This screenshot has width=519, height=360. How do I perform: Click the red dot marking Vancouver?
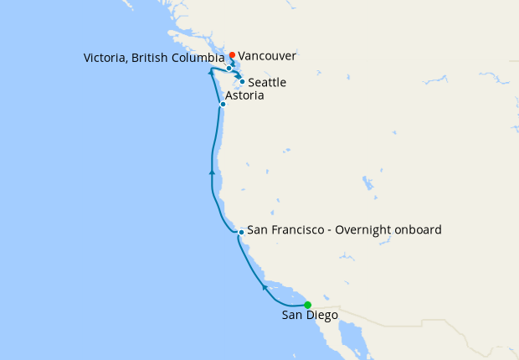(232, 55)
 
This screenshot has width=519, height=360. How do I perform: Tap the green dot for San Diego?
(307, 305)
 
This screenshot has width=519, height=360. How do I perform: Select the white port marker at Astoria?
(223, 105)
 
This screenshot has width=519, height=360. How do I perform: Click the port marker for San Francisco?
(241, 232)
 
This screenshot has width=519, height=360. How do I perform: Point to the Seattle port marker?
(242, 82)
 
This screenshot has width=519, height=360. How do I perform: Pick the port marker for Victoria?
(229, 68)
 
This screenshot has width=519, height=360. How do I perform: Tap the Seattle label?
(267, 83)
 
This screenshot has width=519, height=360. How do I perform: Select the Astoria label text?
(244, 96)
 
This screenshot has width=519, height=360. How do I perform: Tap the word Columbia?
(199, 59)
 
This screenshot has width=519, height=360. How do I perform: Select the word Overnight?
(366, 229)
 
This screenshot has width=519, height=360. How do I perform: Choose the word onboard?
(419, 229)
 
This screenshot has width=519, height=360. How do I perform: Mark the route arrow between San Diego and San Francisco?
(265, 287)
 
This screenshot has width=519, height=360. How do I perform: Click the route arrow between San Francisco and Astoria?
(212, 172)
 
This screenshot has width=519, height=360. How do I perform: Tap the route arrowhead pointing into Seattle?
(239, 77)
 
